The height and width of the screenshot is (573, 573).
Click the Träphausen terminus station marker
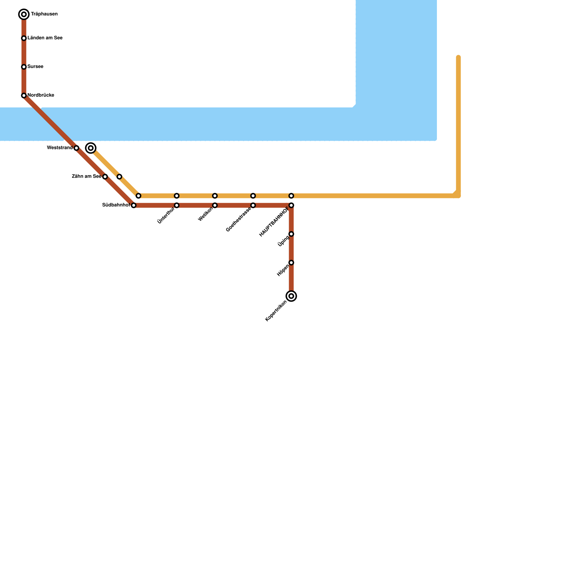[24, 14]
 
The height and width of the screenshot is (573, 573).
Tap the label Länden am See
[45, 38]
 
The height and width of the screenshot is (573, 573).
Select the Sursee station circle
[24, 67]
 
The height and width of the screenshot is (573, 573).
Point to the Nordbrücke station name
[40, 95]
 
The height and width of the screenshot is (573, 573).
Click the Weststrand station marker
[76, 148]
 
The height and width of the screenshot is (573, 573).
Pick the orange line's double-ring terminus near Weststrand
[91, 148]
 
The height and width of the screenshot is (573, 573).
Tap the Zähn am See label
[86, 176]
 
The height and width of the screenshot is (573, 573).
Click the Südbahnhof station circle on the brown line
[134, 205]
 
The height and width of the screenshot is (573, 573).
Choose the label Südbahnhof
[116, 205]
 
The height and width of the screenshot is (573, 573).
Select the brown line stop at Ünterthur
[177, 205]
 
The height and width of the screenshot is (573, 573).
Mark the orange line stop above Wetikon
[215, 196]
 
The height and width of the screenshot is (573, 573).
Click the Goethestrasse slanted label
[239, 219]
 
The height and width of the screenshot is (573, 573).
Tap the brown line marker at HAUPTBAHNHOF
[292, 205]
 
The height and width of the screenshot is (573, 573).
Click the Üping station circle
[292, 234]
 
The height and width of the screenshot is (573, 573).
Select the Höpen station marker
[292, 263]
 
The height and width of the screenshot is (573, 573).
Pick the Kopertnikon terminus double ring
[292, 296]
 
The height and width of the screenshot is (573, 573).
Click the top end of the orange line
[458, 57]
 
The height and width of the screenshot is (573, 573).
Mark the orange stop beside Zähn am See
[119, 177]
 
